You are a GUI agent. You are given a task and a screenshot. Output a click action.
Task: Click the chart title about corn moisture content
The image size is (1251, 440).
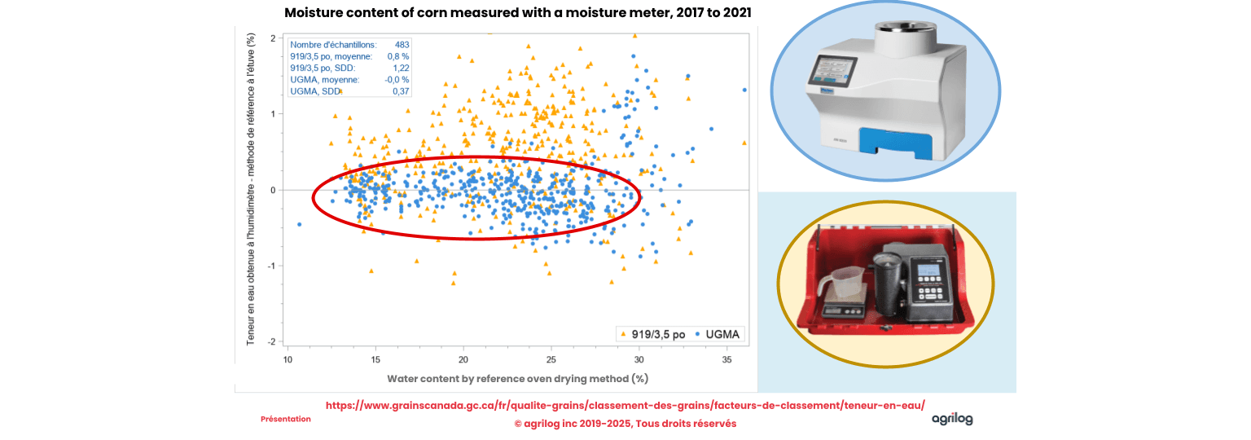[x=517, y=13]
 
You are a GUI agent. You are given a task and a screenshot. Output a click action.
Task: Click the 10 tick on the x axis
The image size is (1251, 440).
[x=288, y=359]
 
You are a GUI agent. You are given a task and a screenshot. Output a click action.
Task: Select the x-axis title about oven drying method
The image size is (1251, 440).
[x=517, y=379]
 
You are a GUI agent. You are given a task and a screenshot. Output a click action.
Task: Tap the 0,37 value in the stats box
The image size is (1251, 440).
[x=401, y=91]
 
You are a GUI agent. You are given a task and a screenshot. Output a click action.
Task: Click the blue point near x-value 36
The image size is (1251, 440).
[x=744, y=90]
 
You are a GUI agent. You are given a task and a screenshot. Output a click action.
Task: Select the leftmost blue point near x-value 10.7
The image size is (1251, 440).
[x=300, y=224]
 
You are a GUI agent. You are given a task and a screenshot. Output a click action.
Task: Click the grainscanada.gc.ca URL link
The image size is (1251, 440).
[x=625, y=405]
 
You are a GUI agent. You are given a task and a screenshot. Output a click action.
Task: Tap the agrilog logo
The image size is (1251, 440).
[x=952, y=419]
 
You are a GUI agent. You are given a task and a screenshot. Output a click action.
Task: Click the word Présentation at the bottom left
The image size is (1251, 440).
[x=286, y=419]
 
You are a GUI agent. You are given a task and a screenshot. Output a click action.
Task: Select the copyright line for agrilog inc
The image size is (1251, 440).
[x=625, y=424]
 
